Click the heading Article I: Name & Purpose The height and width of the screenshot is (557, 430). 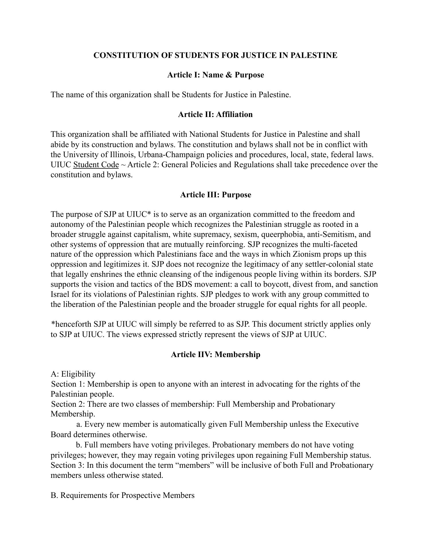coord(215,75)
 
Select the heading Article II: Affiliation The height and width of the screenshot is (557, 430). coord(215,114)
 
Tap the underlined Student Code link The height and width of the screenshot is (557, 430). coord(96,165)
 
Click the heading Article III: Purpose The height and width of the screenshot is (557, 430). coord(215,195)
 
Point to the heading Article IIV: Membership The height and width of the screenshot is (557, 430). coord(215,355)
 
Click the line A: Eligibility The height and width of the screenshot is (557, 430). coord(73,374)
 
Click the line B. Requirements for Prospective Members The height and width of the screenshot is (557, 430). coord(122,495)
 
